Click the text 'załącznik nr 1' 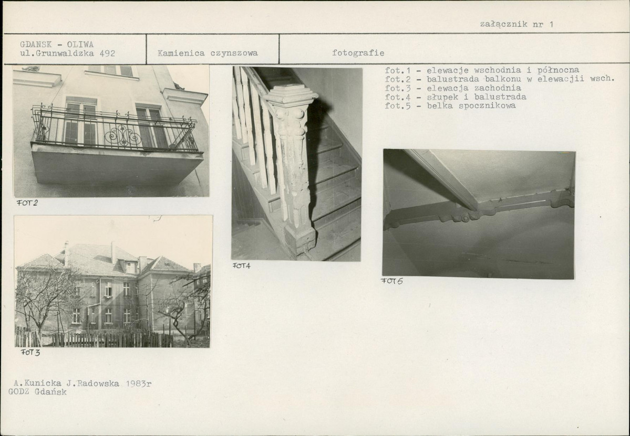517,24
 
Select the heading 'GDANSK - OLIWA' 57,44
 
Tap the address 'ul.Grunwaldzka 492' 67,53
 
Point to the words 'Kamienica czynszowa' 208,53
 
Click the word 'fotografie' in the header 358,53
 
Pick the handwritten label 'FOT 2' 27,203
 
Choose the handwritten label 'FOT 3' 30,353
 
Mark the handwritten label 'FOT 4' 242,265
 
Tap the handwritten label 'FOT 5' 392,281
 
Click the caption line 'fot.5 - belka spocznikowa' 450,106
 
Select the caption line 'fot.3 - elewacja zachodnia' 453,88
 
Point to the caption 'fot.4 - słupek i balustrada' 455,97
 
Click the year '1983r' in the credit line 138,384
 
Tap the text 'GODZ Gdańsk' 37,392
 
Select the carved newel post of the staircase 292,168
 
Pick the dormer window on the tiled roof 130,267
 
